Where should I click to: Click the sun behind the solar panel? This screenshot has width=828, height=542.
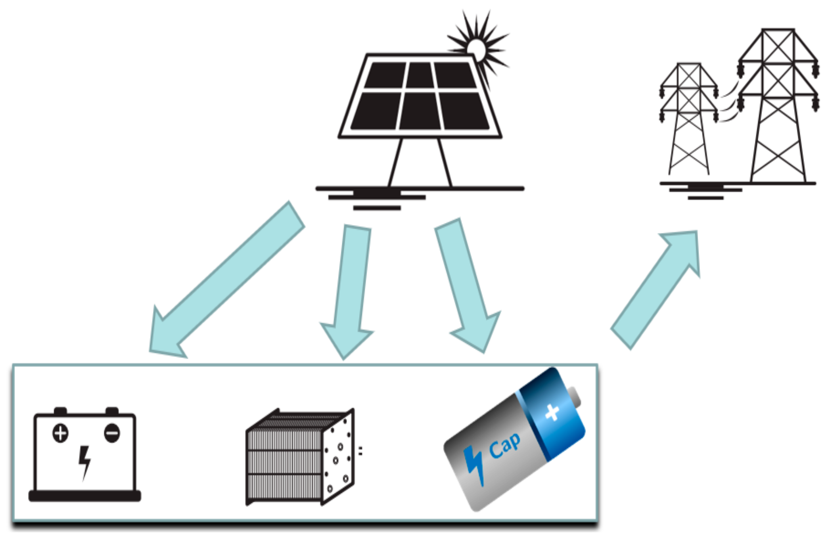pyautogui.click(x=477, y=48)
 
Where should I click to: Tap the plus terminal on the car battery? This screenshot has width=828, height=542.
pyautogui.click(x=61, y=433)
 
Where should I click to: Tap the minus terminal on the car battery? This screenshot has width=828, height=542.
pyautogui.click(x=112, y=433)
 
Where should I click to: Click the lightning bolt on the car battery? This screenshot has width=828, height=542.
pyautogui.click(x=84, y=462)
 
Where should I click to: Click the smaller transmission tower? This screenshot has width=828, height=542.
pyautogui.click(x=689, y=121)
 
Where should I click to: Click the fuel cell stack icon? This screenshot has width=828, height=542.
pyautogui.click(x=299, y=458)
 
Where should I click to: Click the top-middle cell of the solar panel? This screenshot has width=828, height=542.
pyautogui.click(x=420, y=75)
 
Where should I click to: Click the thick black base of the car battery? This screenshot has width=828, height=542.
pyautogui.click(x=85, y=496)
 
